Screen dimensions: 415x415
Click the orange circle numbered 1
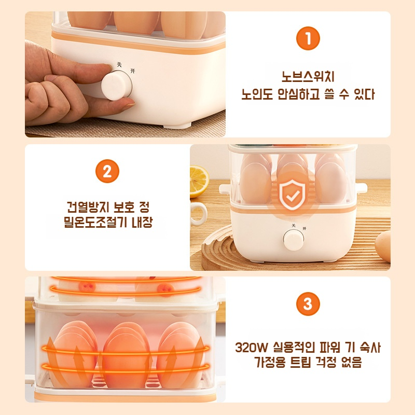pos(308,39)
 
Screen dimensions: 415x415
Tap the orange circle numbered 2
pos(107,172)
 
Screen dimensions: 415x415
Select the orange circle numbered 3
pos(308,304)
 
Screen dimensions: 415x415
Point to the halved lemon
pos(199,181)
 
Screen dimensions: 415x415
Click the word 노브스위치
pos(308,77)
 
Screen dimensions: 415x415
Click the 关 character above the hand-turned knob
pos(119,64)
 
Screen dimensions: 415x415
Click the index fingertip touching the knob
pos(126,106)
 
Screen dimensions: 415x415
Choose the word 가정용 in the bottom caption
pos(270,363)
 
